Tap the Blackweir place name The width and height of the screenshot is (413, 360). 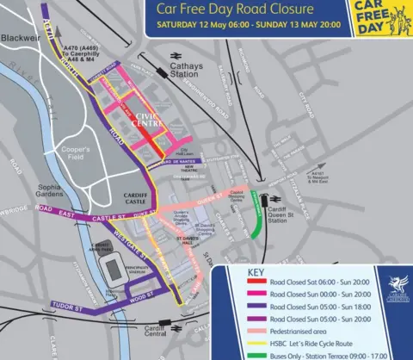18,40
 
